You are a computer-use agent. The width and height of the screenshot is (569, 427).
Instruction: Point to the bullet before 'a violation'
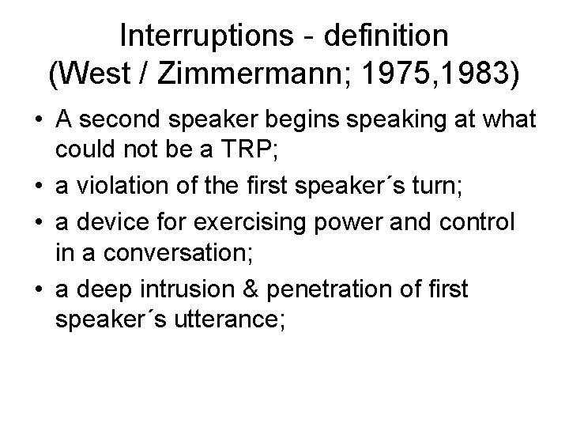(36, 187)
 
